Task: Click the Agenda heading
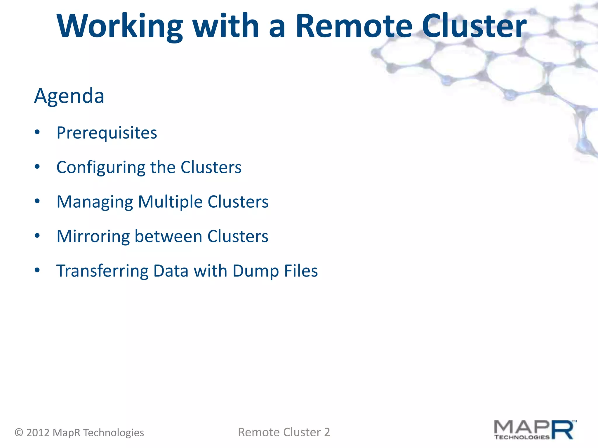point(69,96)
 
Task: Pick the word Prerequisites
point(107,133)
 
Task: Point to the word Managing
point(95,202)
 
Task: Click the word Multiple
point(170,202)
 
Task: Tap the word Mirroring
point(93,236)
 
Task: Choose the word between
point(168,236)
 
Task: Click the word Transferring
point(102,271)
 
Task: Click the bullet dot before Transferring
point(37,270)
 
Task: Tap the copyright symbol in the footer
point(19,432)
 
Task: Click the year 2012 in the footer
point(38,432)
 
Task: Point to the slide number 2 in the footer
point(327,432)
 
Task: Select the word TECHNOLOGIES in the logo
point(522,437)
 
